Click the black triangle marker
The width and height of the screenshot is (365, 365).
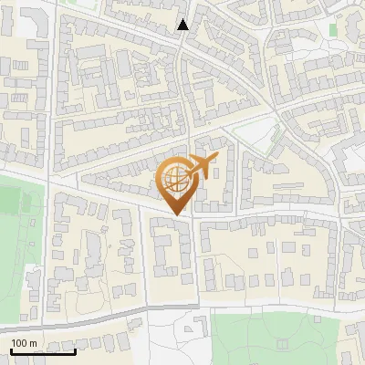point(183,25)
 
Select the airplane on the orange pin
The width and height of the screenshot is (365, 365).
point(203,166)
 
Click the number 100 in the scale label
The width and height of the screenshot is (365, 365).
point(19,343)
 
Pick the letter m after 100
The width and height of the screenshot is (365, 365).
point(33,343)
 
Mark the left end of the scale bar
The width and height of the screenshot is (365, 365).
point(11,351)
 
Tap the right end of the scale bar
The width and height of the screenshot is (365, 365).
point(75,351)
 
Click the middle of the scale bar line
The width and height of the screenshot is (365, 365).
point(43,351)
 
